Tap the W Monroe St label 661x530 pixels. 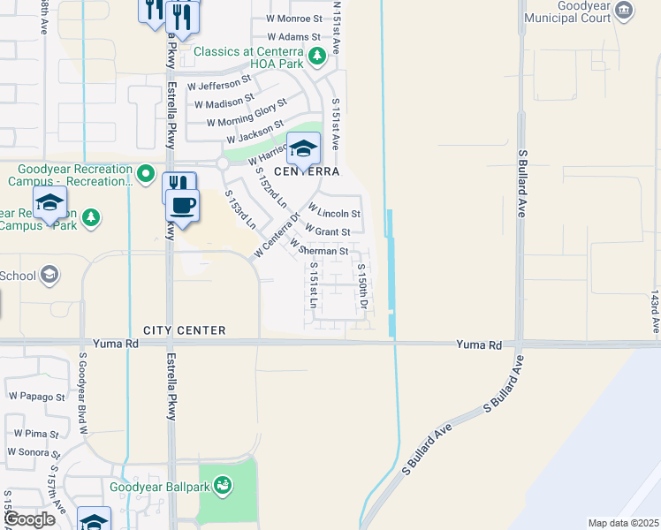coord(293,19)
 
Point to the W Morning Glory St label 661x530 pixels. coord(246,116)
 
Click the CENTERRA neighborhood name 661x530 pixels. coord(307,171)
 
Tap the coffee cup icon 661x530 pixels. coord(183,206)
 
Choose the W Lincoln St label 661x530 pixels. coord(334,214)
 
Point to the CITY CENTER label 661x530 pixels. coord(184,330)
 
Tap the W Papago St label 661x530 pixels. coord(36,397)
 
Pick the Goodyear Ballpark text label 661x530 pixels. coord(158,486)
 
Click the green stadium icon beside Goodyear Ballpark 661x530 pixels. coord(223,485)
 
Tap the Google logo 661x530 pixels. coord(28,519)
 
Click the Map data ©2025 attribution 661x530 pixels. coord(622,523)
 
